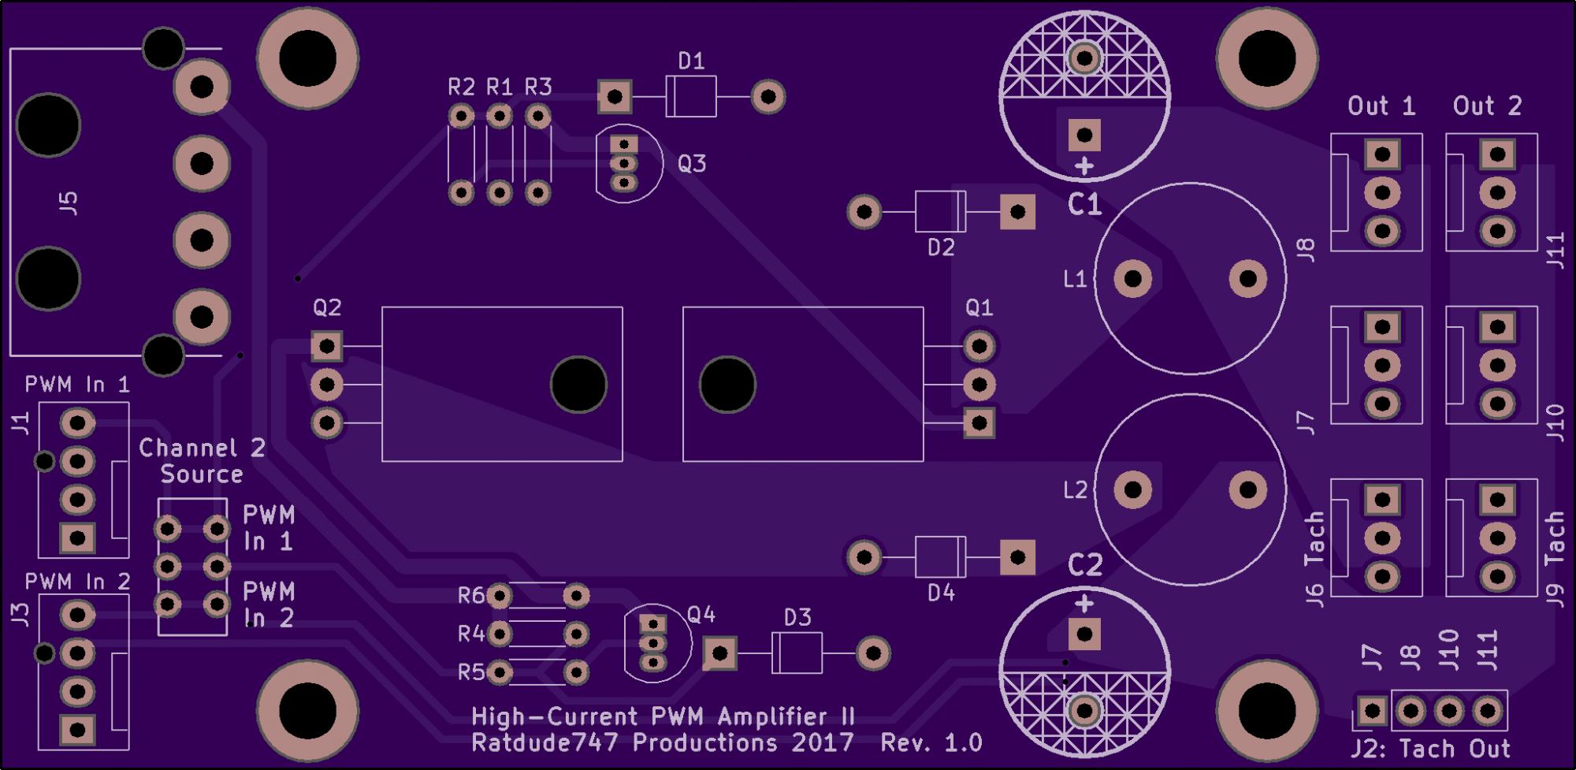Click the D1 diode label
[x=691, y=61]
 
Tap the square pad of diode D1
[x=614, y=97]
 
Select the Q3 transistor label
[x=691, y=163]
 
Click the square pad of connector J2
[x=1372, y=711]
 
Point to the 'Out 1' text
[x=1381, y=106]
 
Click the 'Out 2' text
[x=1487, y=106]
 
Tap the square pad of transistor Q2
[x=326, y=346]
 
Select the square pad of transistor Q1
[x=979, y=423]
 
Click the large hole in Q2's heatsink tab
[x=578, y=385]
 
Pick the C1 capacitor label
[x=1084, y=205]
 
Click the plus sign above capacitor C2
[x=1084, y=604]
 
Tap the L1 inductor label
[x=1075, y=278]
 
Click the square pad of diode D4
[x=1017, y=557]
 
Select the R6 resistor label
[x=471, y=595]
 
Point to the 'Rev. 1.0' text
[x=931, y=742]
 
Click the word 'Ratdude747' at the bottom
[x=545, y=742]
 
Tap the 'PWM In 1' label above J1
[x=77, y=385]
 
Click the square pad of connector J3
[x=77, y=729]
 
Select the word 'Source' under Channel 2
[x=202, y=474]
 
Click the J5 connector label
[x=69, y=203]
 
